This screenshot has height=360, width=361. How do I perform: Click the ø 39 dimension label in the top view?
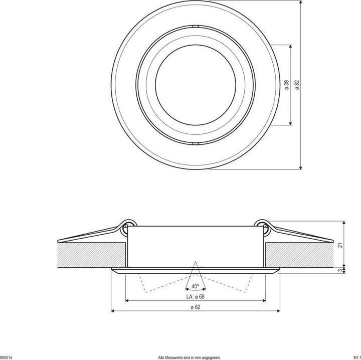pos(286,85)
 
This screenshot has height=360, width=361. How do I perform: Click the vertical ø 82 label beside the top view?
pos(297,85)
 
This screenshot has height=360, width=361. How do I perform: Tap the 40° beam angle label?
pos(195,286)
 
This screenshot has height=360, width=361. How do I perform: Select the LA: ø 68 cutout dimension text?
pos(196,296)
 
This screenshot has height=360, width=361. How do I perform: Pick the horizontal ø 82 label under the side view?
pos(196,307)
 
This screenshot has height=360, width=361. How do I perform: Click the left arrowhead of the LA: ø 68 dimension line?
pos(126,300)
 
